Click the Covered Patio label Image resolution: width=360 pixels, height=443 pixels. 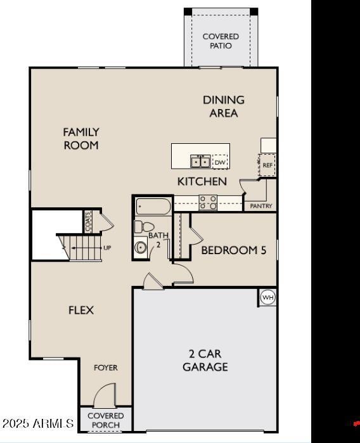tap(221, 41)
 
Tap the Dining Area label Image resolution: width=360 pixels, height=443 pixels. tap(224, 106)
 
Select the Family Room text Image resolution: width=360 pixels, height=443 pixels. tap(81, 138)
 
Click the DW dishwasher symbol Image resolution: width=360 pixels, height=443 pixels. tap(219, 163)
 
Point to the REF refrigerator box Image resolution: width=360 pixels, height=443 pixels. tap(267, 165)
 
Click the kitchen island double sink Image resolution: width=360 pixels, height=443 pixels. tap(201, 162)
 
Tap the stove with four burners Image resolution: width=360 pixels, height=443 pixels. tap(209, 202)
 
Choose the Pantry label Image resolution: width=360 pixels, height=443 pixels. tap(261, 206)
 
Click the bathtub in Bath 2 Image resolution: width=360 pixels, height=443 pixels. tap(153, 207)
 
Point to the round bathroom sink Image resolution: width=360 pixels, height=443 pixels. tap(141, 248)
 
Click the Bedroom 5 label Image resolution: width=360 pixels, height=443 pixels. tap(233, 250)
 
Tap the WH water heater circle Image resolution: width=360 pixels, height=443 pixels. tap(268, 297)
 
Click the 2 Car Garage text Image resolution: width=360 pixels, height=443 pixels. tap(205, 360)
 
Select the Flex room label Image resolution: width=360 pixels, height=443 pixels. tap(81, 310)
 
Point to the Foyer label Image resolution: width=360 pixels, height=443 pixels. tap(106, 368)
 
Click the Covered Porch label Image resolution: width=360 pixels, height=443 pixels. tap(106, 420)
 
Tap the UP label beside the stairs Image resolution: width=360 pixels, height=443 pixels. tap(107, 248)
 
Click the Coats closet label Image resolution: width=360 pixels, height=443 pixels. tap(87, 221)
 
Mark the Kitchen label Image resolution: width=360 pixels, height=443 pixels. tap(202, 181)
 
